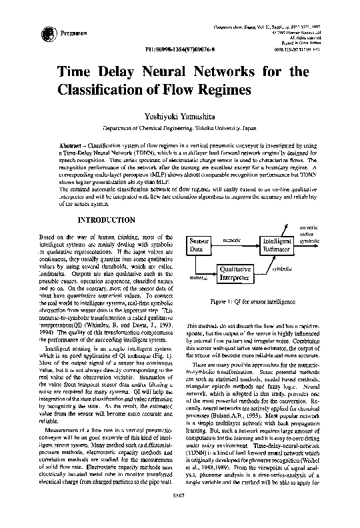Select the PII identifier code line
179,49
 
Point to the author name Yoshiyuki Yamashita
180,116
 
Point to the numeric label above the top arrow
231,239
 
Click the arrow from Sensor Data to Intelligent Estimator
233,245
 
